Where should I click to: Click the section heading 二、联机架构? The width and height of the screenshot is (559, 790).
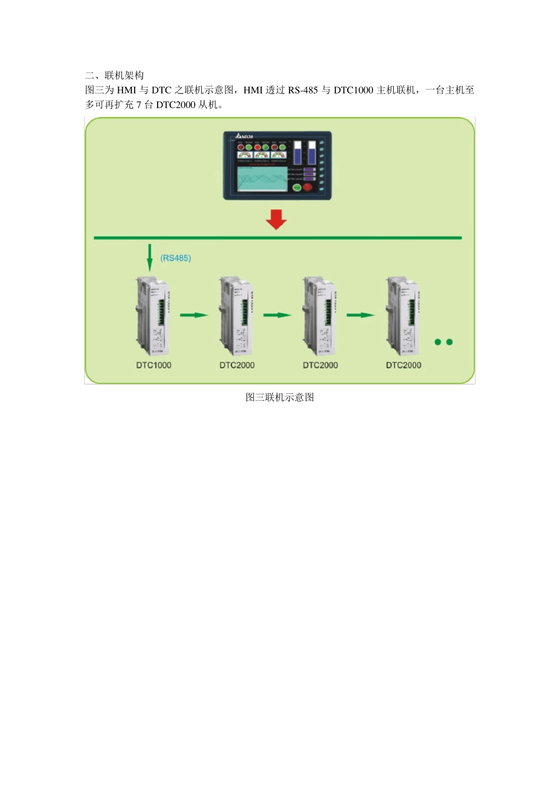[114, 75]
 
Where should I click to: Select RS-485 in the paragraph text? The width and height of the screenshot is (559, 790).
[302, 90]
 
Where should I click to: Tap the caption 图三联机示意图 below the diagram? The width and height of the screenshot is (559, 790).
[279, 397]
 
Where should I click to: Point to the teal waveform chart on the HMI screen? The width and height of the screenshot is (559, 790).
[262, 179]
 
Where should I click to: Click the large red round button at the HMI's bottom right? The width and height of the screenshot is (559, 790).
[307, 187]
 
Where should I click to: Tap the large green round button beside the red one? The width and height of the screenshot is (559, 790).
[297, 188]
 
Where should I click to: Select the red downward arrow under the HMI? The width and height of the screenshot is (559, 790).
[276, 219]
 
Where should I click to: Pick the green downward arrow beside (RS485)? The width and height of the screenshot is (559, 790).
[149, 257]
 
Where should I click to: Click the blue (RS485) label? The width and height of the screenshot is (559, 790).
[175, 258]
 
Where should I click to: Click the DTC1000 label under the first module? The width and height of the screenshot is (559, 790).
[154, 365]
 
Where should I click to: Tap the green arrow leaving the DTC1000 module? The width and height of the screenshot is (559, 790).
[194, 315]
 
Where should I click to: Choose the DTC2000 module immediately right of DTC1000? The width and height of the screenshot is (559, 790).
[237, 315]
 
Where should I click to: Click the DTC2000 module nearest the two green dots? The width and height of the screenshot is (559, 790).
[403, 315]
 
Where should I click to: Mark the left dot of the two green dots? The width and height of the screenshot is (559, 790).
[438, 342]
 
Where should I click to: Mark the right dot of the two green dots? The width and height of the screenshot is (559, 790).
[450, 342]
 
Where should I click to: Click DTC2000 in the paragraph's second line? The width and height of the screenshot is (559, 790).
[175, 105]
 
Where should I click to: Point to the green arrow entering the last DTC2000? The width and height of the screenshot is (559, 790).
[360, 315]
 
